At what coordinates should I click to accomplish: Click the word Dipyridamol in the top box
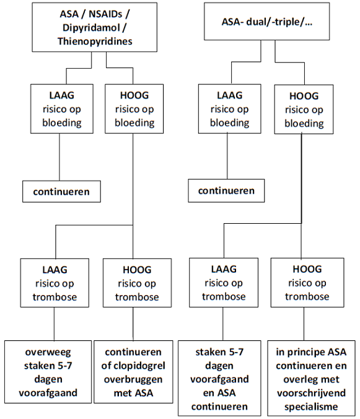click(91, 27)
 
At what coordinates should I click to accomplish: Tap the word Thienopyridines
click(95, 41)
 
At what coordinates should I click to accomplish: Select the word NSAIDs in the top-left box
click(105, 14)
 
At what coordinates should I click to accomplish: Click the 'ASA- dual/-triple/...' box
click(267, 21)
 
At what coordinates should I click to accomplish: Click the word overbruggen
click(133, 379)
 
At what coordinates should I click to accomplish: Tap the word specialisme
click(311, 407)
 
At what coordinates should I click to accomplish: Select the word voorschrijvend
click(312, 393)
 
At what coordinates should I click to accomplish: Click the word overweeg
click(48, 352)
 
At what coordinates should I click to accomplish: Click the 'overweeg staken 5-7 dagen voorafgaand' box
click(48, 372)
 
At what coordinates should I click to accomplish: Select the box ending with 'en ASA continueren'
click(219, 378)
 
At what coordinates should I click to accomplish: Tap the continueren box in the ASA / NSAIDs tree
click(61, 192)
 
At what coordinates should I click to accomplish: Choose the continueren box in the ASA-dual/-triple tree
click(226, 191)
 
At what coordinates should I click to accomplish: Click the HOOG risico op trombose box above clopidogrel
click(137, 283)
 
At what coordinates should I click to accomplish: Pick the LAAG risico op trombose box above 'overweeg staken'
click(55, 283)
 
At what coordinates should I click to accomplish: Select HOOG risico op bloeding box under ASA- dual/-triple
click(304, 109)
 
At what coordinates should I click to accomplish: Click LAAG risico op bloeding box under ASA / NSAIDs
click(62, 108)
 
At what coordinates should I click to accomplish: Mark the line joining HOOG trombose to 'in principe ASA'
click(304, 324)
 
